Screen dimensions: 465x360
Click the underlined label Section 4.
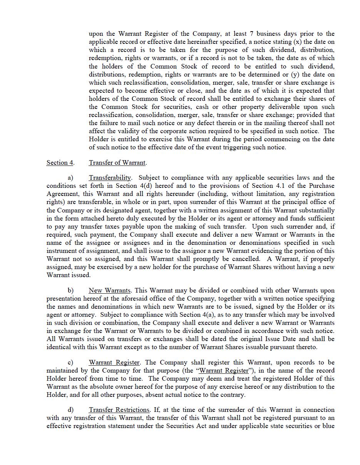click(x=60, y=162)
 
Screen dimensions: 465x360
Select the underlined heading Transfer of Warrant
click(x=117, y=162)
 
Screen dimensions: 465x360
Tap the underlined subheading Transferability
click(x=110, y=177)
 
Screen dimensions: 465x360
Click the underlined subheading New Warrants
click(x=110, y=290)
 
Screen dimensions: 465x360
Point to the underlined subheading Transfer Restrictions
click(x=119, y=410)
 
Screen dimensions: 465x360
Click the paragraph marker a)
click(x=70, y=177)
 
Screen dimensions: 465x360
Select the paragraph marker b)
click(x=70, y=290)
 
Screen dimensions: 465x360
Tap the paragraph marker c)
click(x=70, y=362)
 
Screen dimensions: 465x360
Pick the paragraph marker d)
click(x=70, y=410)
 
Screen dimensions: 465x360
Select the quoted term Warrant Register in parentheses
click(x=224, y=370)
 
